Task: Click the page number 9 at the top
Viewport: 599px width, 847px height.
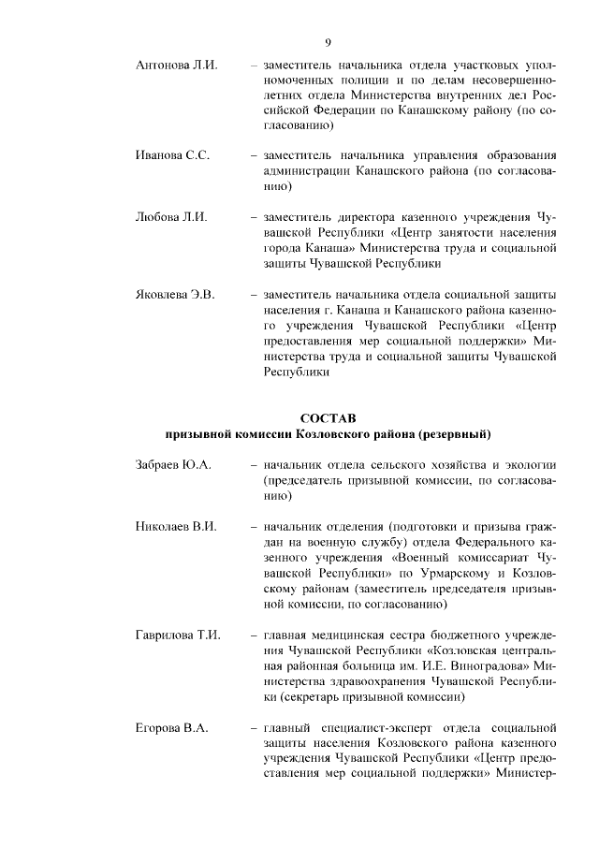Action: click(x=328, y=42)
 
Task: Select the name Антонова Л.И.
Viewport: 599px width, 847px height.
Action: click(x=176, y=66)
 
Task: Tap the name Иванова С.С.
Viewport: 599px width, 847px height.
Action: click(x=172, y=155)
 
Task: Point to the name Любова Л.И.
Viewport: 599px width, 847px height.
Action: click(x=171, y=217)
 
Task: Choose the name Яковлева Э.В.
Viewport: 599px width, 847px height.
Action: click(x=175, y=295)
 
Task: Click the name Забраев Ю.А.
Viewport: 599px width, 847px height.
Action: click(x=173, y=464)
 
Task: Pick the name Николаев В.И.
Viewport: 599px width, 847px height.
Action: click(x=176, y=526)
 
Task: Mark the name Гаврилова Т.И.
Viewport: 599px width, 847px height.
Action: click(x=178, y=635)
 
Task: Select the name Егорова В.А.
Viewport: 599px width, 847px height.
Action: click(x=171, y=727)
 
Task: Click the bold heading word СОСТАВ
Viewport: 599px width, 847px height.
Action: click(x=328, y=416)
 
